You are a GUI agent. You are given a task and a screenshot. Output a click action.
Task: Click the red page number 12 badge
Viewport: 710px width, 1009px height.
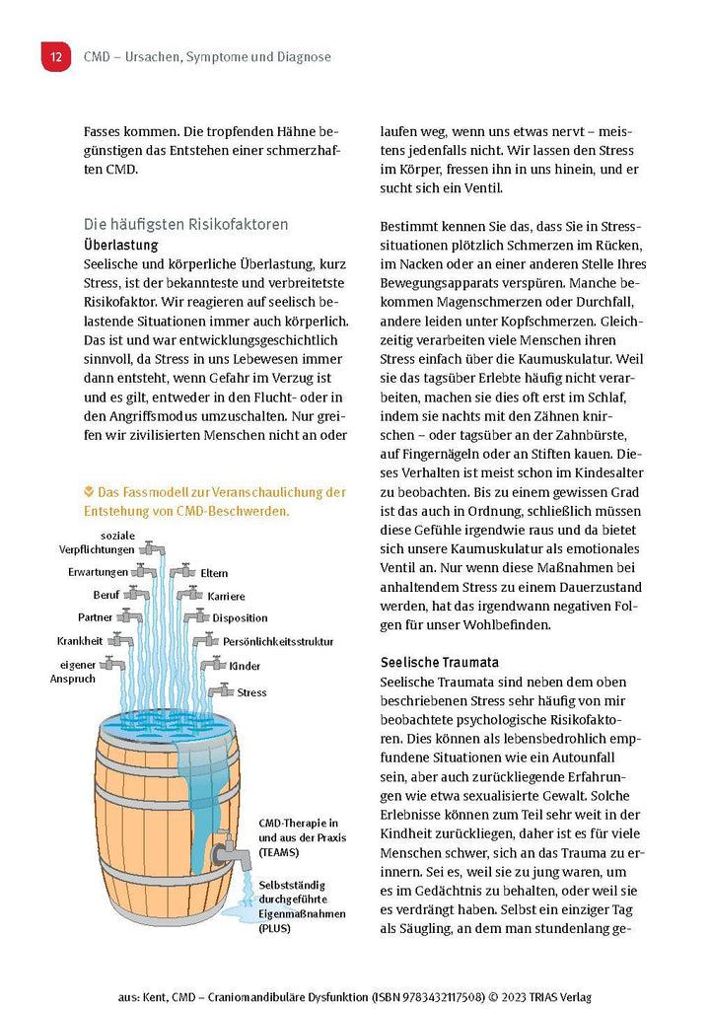pos(55,56)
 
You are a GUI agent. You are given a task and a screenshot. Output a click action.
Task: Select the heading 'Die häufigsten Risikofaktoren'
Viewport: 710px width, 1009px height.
pos(185,224)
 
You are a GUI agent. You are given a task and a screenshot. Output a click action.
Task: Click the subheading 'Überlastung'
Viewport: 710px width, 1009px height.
pos(121,244)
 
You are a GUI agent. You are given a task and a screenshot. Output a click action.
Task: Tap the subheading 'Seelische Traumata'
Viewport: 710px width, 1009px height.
pos(439,662)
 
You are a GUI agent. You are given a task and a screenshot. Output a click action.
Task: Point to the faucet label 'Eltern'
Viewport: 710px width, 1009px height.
pos(214,573)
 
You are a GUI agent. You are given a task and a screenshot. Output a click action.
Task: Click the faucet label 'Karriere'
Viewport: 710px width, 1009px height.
pos(226,597)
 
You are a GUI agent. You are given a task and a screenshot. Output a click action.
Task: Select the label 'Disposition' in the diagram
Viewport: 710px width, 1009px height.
pos(240,618)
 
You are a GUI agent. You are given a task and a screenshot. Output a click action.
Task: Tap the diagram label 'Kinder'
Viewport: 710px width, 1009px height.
pos(245,666)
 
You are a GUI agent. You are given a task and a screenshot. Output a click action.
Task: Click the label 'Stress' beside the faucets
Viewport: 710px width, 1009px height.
pos(251,692)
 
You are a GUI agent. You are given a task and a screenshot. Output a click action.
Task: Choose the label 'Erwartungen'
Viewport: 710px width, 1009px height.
pos(98,572)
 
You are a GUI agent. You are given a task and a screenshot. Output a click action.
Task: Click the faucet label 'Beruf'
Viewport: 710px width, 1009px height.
pos(106,595)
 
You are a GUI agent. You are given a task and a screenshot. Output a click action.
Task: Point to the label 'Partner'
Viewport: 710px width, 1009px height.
pos(96,617)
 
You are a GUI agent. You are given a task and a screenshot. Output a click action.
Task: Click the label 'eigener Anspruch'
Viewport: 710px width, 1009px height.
pos(76,672)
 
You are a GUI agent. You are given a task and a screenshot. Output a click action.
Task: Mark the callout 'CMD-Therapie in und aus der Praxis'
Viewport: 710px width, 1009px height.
pos(299,836)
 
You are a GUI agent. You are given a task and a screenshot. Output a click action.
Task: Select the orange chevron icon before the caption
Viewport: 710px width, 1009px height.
pos(90,491)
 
